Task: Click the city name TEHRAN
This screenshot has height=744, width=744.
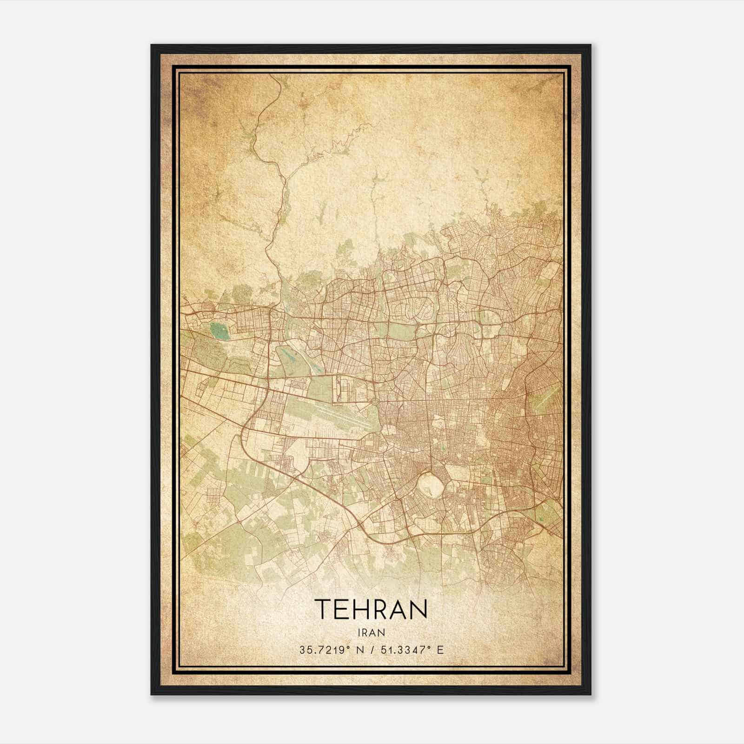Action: [x=372, y=609]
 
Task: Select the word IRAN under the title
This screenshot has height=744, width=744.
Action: [x=372, y=632]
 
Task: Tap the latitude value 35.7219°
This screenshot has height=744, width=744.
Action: [x=324, y=650]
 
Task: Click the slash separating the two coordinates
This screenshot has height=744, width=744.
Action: [x=373, y=650]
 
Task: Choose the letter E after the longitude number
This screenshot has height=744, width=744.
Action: [x=440, y=650]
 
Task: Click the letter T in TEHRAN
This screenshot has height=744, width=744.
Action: [x=324, y=609]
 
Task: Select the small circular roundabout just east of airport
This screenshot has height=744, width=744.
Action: [x=375, y=401]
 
